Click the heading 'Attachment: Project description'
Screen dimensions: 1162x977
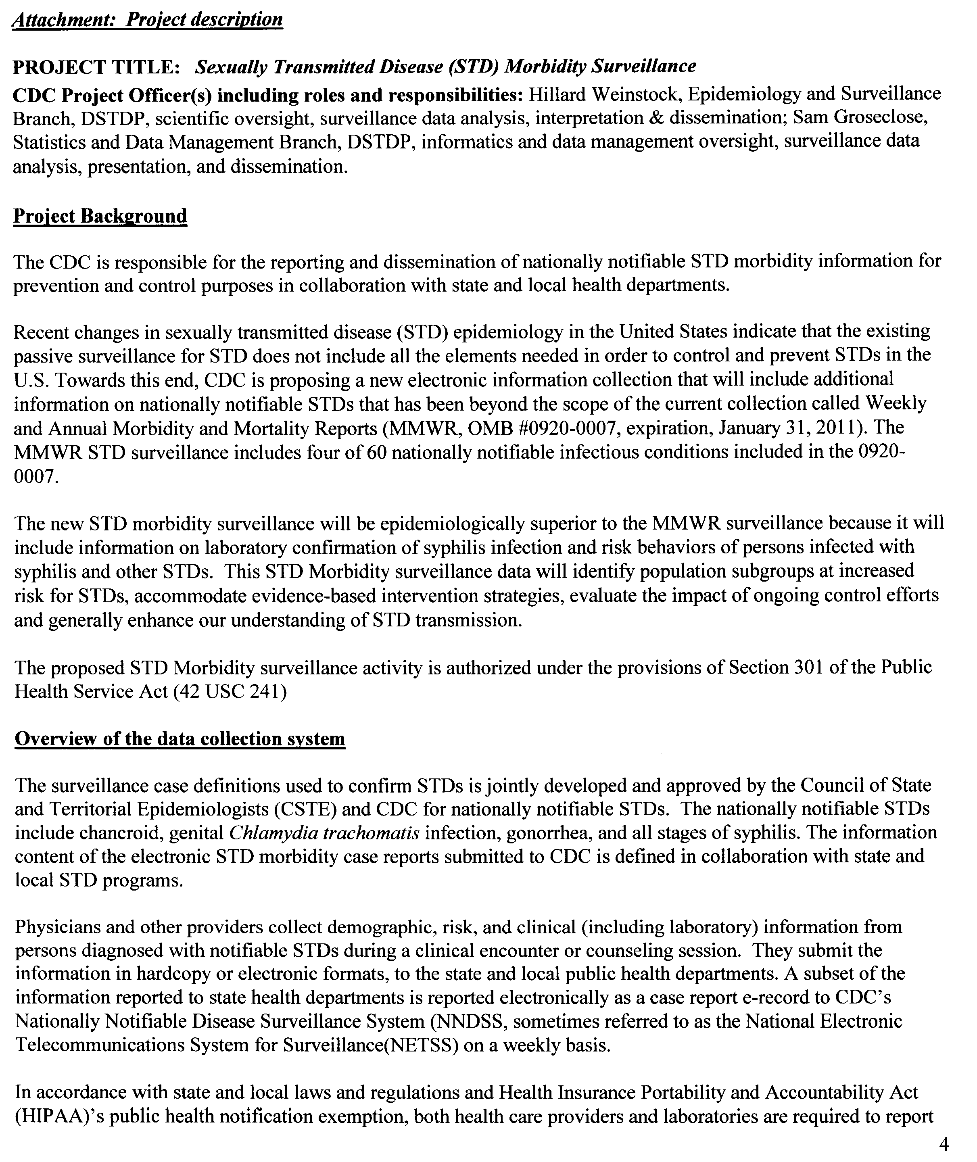pyautogui.click(x=147, y=19)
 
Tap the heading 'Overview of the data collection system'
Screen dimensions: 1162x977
pyautogui.click(x=180, y=739)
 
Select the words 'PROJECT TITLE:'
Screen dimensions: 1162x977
pyautogui.click(x=96, y=67)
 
